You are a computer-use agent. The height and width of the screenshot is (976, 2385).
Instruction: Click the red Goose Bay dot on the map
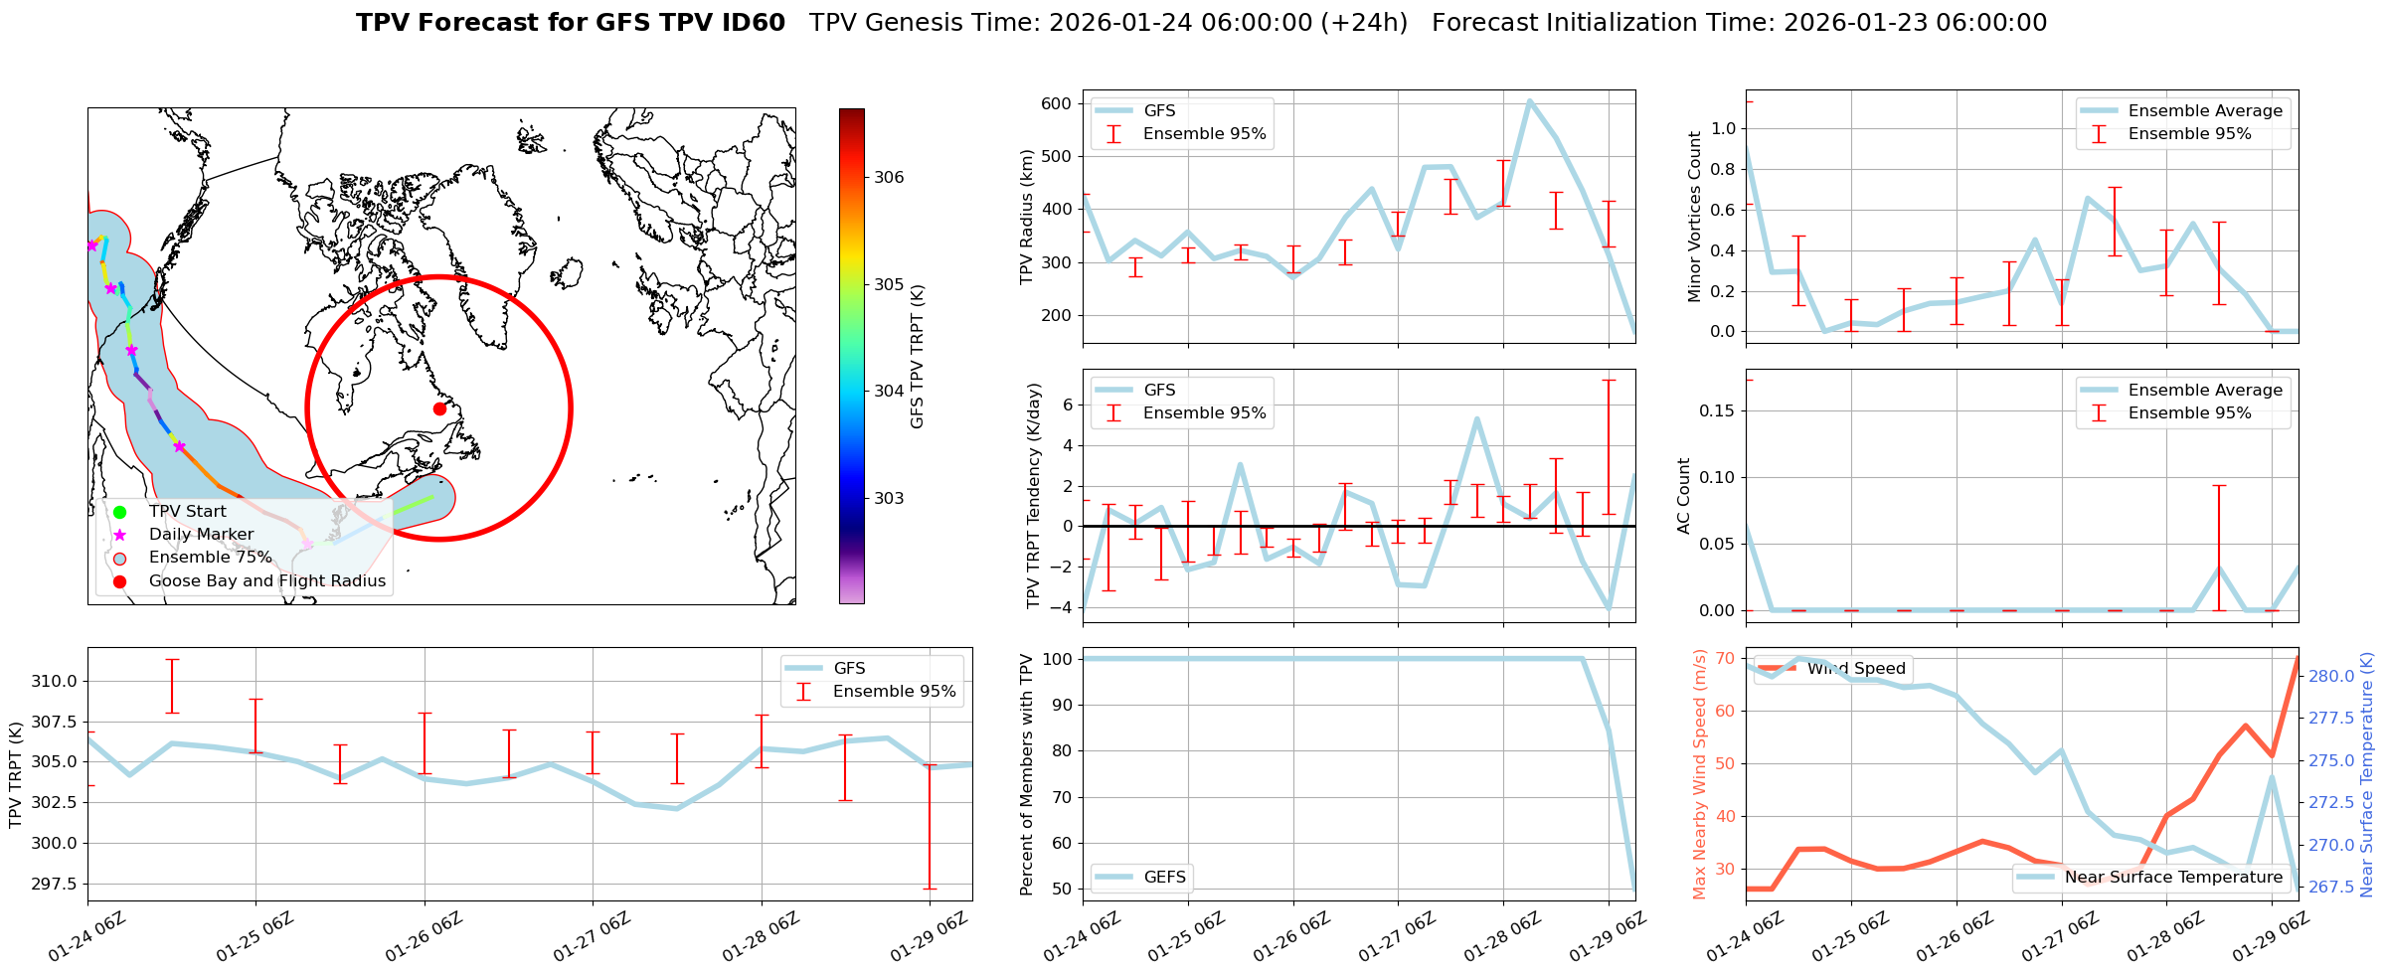(x=439, y=408)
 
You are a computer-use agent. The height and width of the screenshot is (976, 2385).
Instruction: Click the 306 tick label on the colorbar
(x=889, y=178)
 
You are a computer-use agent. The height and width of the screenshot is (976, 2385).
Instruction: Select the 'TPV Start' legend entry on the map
(x=187, y=512)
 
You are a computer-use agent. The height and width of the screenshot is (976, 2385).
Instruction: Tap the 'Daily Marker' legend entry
(x=201, y=535)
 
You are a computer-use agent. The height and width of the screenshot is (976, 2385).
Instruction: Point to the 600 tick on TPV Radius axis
(x=1056, y=103)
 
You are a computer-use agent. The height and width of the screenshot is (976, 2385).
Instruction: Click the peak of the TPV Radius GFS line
(x=1529, y=100)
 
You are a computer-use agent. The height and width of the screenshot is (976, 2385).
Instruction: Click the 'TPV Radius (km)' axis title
(x=1027, y=217)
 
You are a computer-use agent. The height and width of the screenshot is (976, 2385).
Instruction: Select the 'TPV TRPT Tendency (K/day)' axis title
(x=1034, y=495)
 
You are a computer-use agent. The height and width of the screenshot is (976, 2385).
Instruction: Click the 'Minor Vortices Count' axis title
(x=1695, y=217)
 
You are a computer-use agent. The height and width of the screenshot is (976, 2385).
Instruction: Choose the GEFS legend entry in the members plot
(x=1164, y=878)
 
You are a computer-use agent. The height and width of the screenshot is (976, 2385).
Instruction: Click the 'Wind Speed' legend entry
(x=1855, y=669)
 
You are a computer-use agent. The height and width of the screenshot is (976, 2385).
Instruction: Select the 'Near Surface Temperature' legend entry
(x=2173, y=878)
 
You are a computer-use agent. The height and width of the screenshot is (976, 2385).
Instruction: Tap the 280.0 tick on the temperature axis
(x=2330, y=676)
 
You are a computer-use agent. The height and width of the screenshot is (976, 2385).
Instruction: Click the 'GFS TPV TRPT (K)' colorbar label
(x=917, y=356)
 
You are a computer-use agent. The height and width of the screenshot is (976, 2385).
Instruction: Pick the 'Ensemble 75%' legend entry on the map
(x=210, y=558)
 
